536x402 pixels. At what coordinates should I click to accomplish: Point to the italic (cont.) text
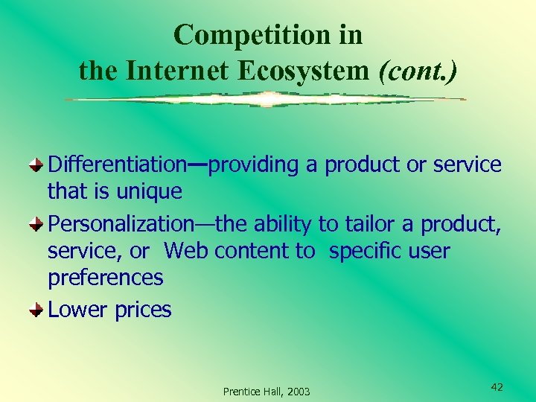pos(418,71)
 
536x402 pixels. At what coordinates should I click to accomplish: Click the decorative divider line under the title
pos(265,99)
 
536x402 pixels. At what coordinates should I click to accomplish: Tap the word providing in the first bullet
pos(254,165)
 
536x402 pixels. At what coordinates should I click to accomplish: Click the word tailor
pos(368,223)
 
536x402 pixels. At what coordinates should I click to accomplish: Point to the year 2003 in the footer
pos(297,392)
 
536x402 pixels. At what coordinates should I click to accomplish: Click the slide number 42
pos(497,387)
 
